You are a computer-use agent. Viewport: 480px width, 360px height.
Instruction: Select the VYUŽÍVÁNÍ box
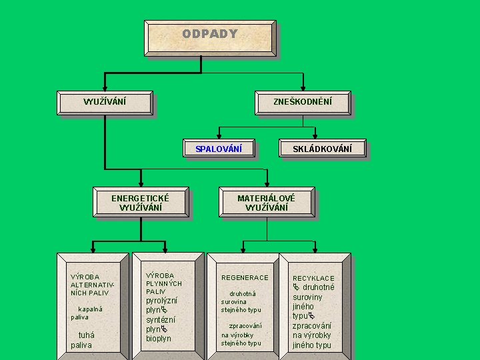point(105,102)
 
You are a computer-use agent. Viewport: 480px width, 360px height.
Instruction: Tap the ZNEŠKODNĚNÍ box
point(303,102)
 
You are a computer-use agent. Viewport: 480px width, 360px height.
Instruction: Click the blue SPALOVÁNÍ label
point(219,148)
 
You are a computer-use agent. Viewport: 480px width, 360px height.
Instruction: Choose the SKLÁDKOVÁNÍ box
point(322,148)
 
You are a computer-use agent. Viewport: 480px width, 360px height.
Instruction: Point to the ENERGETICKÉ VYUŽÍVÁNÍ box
point(140,203)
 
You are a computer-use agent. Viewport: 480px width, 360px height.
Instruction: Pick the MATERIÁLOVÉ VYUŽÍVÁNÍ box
point(266,203)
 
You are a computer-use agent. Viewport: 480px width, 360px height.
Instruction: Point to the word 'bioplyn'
point(159,339)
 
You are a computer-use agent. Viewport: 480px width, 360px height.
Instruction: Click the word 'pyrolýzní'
point(161,301)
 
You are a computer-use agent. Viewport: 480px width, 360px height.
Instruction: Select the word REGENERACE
point(245,277)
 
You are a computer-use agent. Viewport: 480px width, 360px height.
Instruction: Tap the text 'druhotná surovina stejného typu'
point(241,301)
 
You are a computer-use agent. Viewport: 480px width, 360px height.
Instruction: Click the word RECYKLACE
point(313,278)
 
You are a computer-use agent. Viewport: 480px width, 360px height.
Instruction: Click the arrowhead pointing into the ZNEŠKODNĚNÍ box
point(303,87)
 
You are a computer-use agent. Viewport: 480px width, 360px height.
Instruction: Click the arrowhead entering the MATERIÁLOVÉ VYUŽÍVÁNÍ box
point(267,182)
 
